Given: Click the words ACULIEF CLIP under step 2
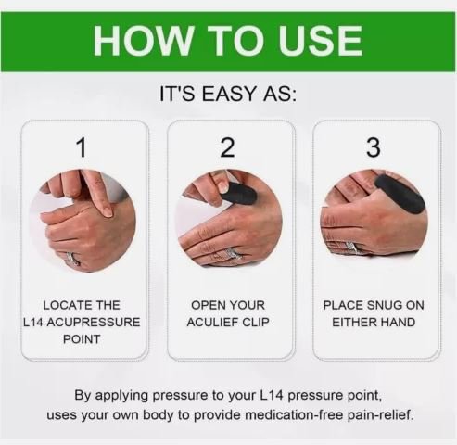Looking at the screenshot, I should (x=228, y=322).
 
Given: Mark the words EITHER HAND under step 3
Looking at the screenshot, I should (x=374, y=322).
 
